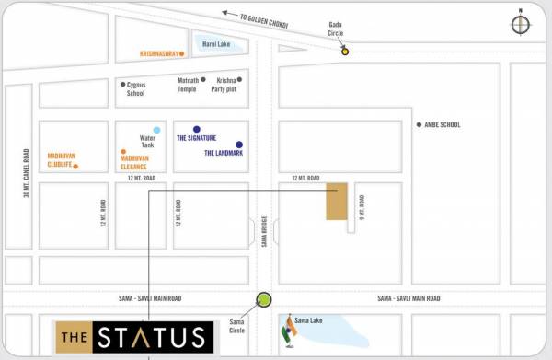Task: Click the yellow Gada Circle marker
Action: coord(345,52)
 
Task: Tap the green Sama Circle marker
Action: coord(264,299)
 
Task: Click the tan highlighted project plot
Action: coord(337,202)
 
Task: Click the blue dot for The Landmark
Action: coord(239,145)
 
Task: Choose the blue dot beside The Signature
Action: coord(196,130)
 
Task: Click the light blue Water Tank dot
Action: coord(156,130)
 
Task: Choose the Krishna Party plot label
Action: coord(225,85)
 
